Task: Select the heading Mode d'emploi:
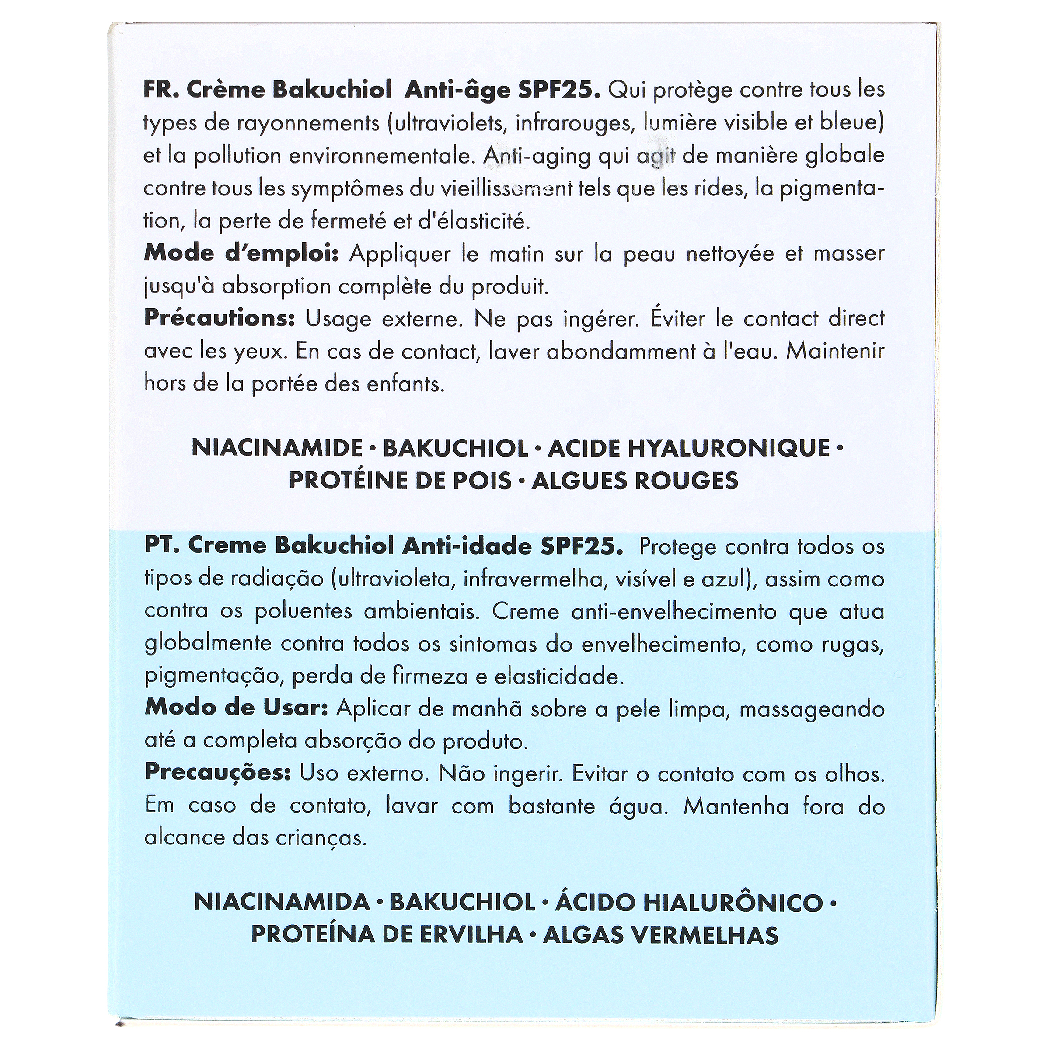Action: coord(241,254)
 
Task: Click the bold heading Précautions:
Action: coord(220,318)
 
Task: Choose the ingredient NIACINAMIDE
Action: coord(277,448)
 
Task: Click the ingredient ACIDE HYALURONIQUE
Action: coord(689,448)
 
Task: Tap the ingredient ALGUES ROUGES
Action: coord(635,481)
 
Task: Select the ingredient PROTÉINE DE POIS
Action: coord(401,481)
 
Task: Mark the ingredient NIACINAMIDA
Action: coord(282,903)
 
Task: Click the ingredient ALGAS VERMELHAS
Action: coord(660,935)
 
